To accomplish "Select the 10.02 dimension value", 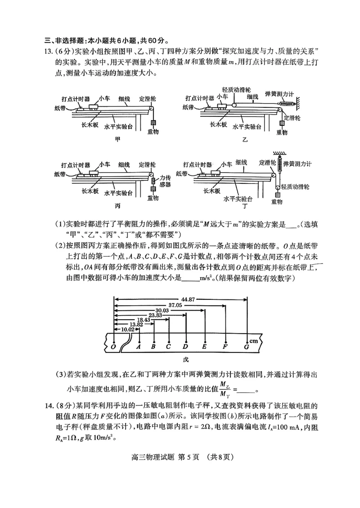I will coord(122,328).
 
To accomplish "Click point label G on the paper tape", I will coord(247,347).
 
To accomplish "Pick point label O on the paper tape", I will coord(113,347).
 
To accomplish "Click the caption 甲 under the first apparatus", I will coord(118,139).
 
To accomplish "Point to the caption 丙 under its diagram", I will coord(118,205).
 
